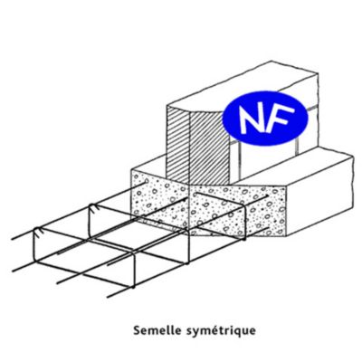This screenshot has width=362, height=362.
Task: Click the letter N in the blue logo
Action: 253,119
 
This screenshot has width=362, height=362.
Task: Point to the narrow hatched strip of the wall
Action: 178,145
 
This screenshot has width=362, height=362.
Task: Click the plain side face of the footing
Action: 319,193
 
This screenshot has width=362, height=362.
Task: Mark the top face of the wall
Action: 242,88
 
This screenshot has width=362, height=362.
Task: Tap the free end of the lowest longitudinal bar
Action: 108,297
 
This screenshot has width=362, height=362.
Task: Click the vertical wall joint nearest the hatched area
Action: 239,160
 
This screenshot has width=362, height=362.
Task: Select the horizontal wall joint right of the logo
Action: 313,109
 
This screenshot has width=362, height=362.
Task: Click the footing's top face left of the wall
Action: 148,166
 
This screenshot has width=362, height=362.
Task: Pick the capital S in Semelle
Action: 138,329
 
